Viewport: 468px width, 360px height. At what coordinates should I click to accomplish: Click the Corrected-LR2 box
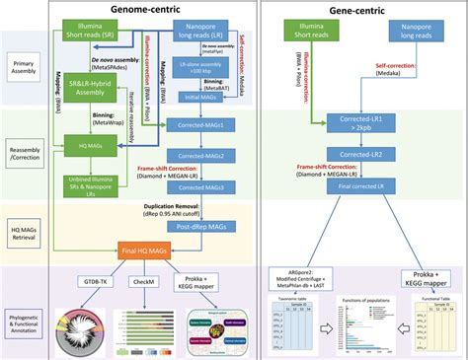click(x=358, y=156)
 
